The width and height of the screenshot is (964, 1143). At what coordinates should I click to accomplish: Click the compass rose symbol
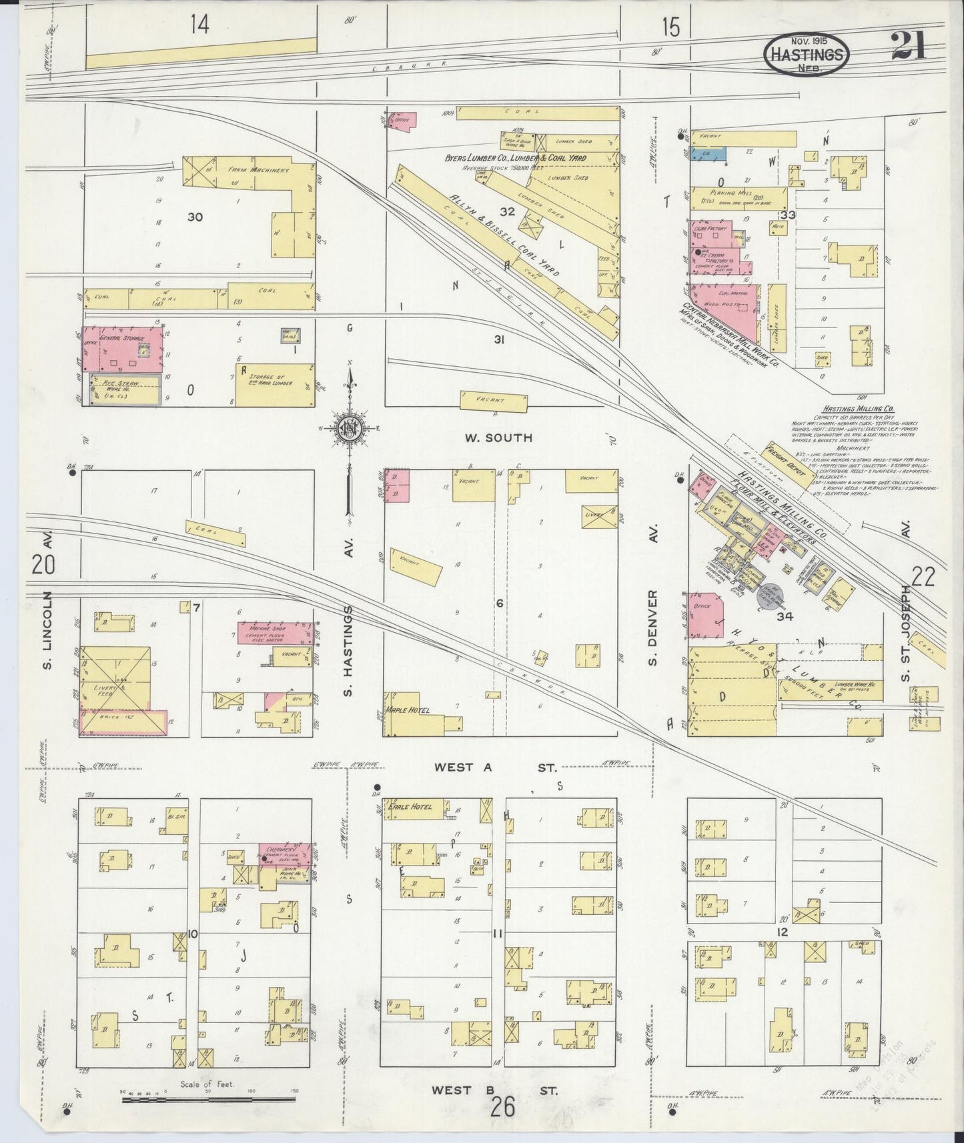coord(349,427)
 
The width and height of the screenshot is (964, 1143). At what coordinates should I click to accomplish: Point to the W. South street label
coord(499,437)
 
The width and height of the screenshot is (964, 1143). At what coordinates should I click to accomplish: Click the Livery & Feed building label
coord(98,689)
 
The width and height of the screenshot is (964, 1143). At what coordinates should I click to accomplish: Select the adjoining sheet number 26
coord(504,1108)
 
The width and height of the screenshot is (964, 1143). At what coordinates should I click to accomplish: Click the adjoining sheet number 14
coord(199,25)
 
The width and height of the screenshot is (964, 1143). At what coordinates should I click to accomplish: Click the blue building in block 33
coord(708,153)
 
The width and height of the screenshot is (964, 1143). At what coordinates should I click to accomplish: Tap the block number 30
coord(195,217)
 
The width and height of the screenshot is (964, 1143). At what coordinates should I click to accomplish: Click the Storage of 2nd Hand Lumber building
coord(275,385)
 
